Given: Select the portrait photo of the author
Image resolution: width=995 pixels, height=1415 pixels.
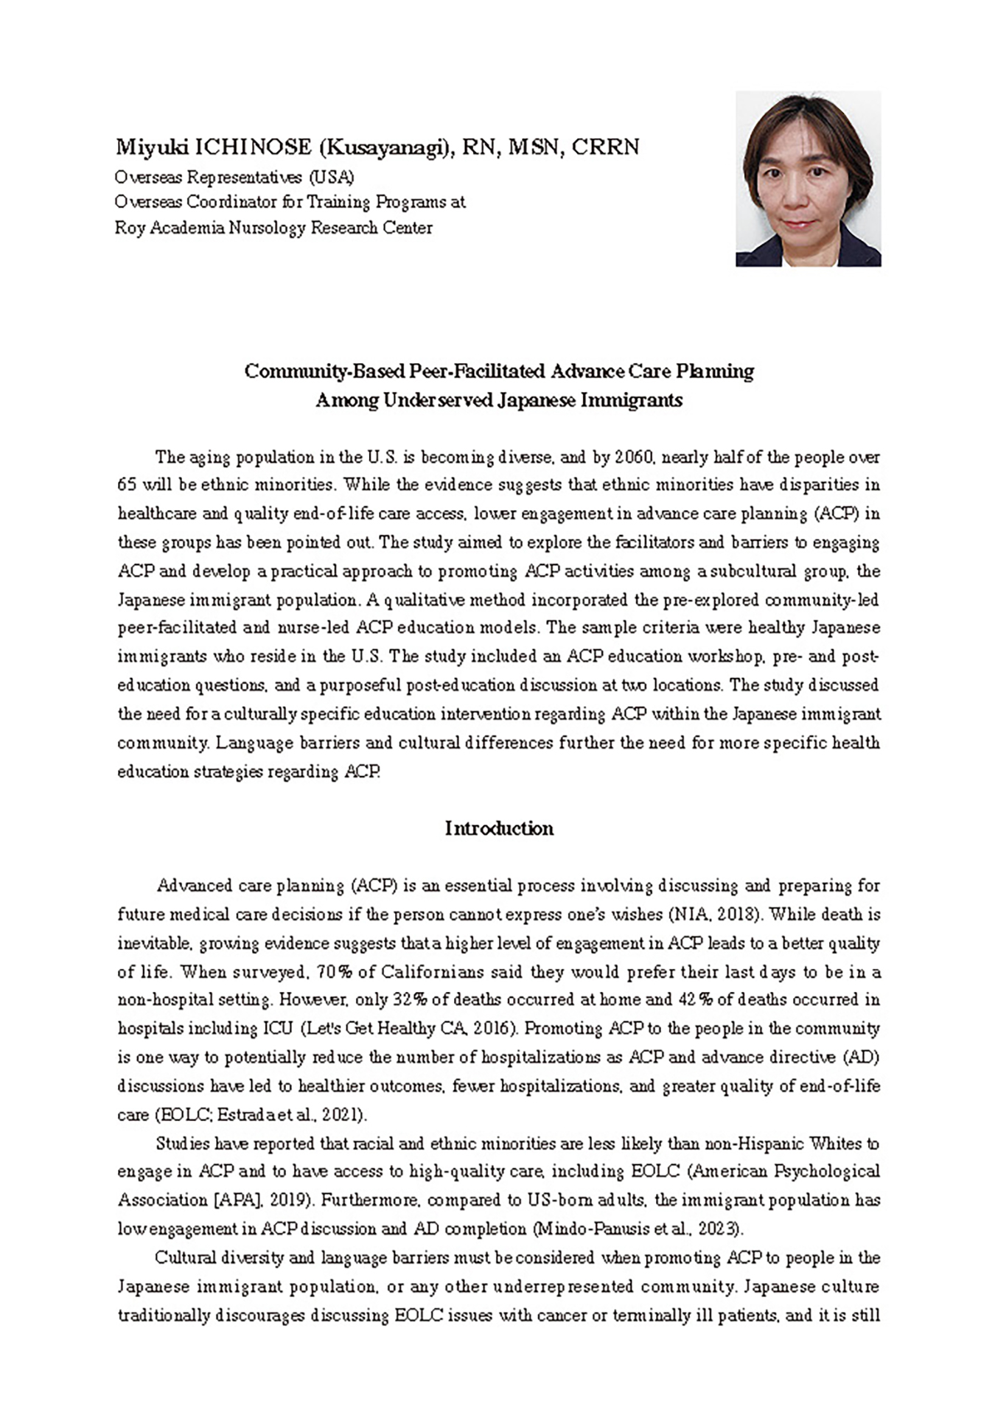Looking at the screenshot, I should click(x=808, y=178).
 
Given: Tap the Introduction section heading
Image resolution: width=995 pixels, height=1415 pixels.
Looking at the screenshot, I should click(x=499, y=828).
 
